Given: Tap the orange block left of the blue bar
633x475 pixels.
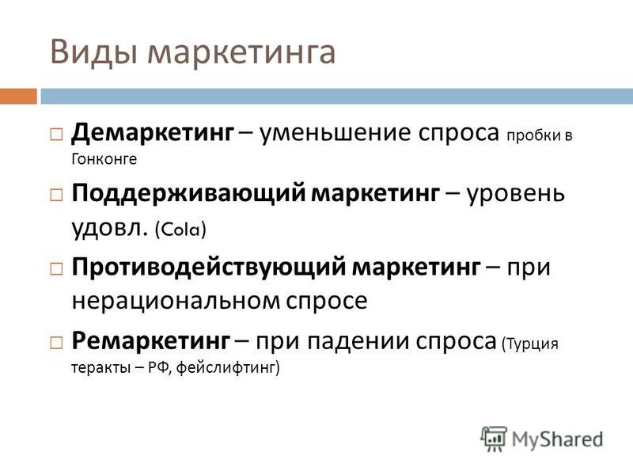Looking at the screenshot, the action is tap(18, 96).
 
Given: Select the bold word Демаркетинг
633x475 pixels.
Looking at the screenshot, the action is tap(152, 132).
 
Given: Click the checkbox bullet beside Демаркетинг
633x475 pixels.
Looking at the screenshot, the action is tap(56, 134).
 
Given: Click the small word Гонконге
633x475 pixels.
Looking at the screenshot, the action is tap(104, 159).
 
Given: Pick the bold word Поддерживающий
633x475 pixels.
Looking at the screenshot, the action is tap(188, 193).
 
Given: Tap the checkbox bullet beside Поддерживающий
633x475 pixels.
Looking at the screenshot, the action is tap(56, 196).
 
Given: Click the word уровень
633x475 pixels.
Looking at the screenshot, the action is tap(515, 194).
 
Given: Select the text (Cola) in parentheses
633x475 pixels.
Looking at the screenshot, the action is tap(180, 230).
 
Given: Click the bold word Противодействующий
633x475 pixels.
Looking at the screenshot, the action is tap(209, 267).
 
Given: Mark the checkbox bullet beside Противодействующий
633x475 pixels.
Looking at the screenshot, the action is tap(56, 268).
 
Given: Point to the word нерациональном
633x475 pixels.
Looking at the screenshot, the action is tap(176, 301).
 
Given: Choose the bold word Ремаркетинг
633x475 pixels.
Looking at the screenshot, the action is tap(150, 341).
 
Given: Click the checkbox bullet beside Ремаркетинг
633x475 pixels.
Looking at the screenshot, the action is tap(56, 343).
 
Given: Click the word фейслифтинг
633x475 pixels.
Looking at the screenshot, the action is tap(226, 367).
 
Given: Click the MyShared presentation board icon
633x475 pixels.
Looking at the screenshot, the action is tap(494, 438).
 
